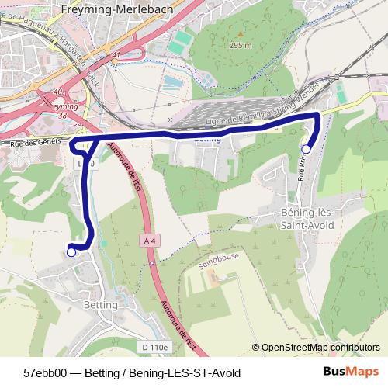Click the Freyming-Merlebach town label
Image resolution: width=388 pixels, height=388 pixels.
[111, 10]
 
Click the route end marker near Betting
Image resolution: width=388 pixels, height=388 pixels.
[71, 251]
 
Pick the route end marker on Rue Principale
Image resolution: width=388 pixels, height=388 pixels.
[306, 148]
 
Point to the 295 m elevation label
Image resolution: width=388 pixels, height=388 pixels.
[241, 46]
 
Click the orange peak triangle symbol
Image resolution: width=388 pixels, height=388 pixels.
[241, 33]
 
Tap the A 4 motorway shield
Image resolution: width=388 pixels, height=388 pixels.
[151, 241]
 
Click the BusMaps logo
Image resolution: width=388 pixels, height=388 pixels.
[351, 372]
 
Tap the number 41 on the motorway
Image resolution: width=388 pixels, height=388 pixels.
[116, 55]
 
